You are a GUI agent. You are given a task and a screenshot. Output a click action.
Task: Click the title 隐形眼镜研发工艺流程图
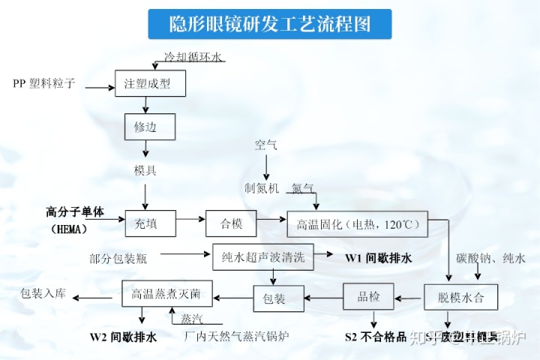coord(269,25)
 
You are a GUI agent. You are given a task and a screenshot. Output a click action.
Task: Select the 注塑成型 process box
coord(147,84)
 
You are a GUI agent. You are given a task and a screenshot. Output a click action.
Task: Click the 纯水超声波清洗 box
coord(262,257)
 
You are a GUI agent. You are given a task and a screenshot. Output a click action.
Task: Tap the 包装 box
coord(274,298)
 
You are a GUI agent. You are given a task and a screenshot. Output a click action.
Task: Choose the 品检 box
coord(367,297)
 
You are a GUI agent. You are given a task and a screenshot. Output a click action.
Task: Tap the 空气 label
coord(265,144)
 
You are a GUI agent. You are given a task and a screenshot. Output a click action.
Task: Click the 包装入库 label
coord(43,293)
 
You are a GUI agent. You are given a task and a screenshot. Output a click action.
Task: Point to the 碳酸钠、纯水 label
coord(490,258)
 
